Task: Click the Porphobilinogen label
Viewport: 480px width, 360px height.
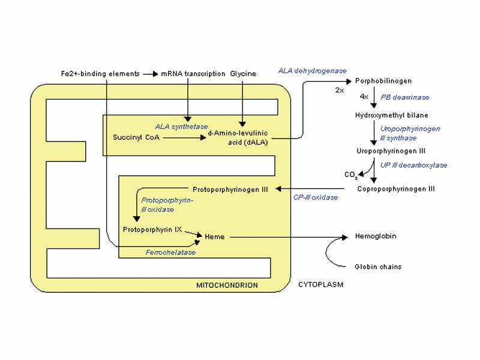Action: (383, 80)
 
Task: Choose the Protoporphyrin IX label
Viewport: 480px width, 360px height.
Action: (152, 230)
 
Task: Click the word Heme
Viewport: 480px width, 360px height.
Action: (214, 237)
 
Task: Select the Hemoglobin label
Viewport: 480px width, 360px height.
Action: (376, 236)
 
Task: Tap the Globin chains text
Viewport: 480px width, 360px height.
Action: (378, 266)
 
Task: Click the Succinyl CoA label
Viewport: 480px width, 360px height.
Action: (136, 137)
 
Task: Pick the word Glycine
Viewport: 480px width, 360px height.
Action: (242, 74)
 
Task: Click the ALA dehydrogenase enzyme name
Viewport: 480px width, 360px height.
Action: (312, 71)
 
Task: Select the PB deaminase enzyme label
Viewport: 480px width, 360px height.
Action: (405, 97)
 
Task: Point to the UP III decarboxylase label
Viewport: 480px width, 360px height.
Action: (413, 165)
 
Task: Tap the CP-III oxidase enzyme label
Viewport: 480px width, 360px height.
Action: (315, 197)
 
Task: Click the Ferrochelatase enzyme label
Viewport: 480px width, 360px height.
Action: (170, 253)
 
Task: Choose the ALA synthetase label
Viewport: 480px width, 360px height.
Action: (181, 127)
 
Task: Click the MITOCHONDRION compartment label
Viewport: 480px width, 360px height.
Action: (227, 285)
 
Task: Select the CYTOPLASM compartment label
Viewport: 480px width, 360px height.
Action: (321, 284)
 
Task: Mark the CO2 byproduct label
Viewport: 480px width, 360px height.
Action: (351, 175)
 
